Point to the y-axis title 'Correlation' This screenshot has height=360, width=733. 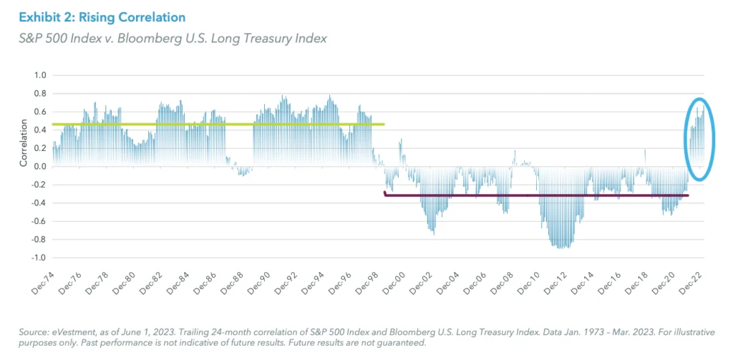[24, 147]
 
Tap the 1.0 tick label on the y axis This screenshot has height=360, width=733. [39, 75]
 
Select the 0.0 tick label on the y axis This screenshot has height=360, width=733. [39, 166]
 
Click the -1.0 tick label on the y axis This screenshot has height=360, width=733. [38, 258]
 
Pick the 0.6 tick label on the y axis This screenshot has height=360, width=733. [39, 112]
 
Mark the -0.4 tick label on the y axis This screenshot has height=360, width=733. [38, 203]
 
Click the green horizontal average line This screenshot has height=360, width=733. [215, 125]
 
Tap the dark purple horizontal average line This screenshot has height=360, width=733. [537, 195]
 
